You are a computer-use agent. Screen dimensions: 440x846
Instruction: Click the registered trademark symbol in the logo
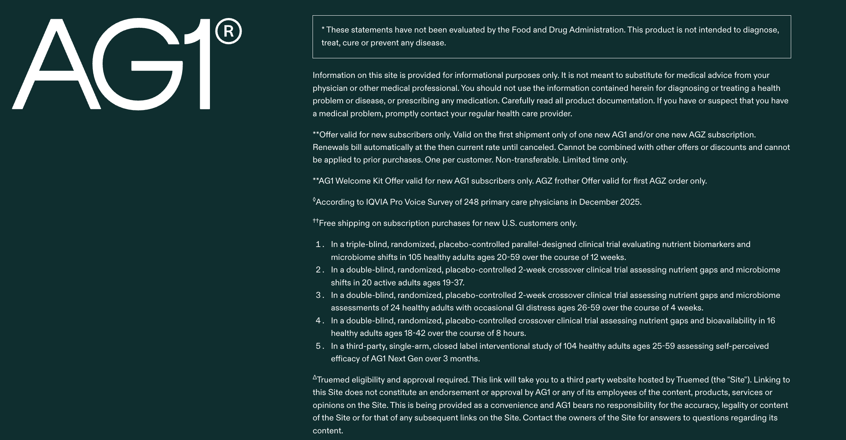[229, 31]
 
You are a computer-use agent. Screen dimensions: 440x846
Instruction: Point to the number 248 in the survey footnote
[471, 202]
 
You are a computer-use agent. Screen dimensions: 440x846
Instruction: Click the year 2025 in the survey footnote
[630, 202]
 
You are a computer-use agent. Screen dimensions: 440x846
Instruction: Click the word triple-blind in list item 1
[367, 245]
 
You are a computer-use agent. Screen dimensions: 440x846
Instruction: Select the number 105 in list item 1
[415, 258]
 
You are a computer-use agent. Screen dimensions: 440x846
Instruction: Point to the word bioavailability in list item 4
[731, 321]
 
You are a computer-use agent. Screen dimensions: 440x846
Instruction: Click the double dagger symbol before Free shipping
[316, 221]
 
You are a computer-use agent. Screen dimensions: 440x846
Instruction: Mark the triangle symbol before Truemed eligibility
[315, 378]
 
